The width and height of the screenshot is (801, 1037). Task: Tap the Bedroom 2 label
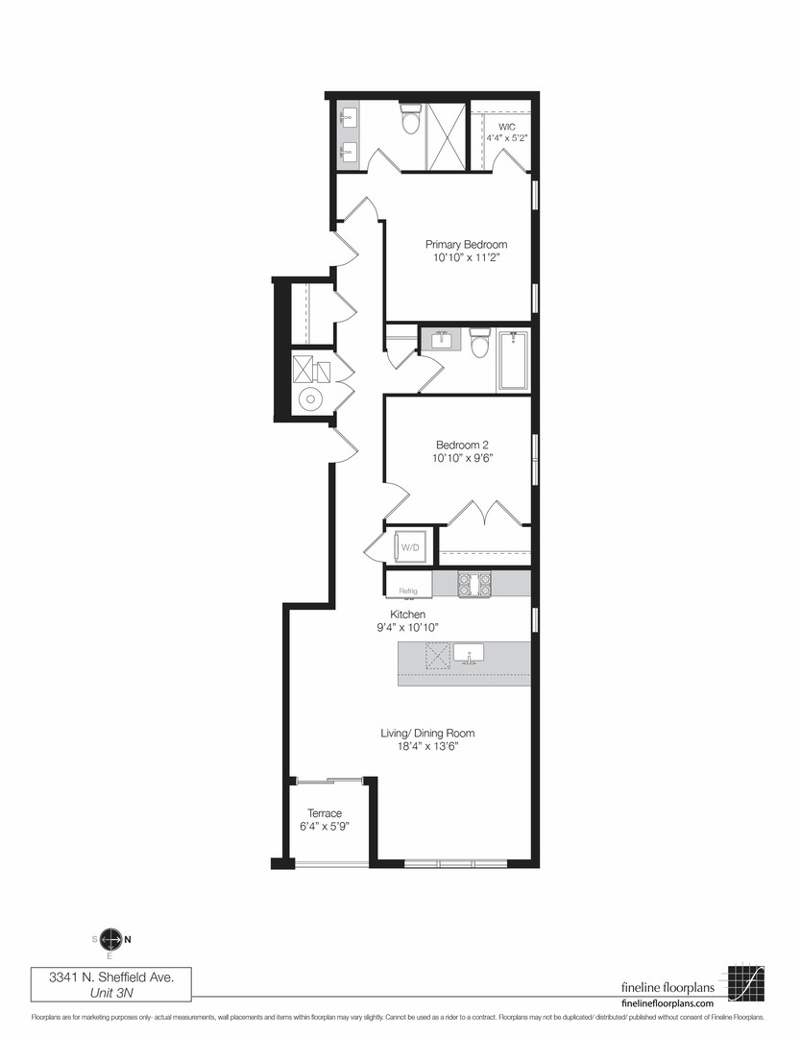click(463, 446)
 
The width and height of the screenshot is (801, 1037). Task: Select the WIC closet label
click(506, 126)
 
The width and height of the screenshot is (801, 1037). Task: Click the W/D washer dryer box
click(410, 547)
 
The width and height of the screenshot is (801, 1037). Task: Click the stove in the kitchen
click(475, 583)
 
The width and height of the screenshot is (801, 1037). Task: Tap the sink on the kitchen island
click(469, 652)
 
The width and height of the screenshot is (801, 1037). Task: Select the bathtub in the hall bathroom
click(513, 359)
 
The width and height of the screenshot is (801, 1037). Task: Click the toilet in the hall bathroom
click(480, 344)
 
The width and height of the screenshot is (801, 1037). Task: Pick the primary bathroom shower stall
click(445, 135)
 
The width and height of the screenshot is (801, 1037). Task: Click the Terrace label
click(325, 813)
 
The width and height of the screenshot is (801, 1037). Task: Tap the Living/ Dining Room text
click(427, 734)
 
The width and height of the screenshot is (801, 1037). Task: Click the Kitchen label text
click(407, 615)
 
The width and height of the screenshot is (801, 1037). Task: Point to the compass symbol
click(110, 940)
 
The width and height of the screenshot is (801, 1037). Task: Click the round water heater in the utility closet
click(310, 400)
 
